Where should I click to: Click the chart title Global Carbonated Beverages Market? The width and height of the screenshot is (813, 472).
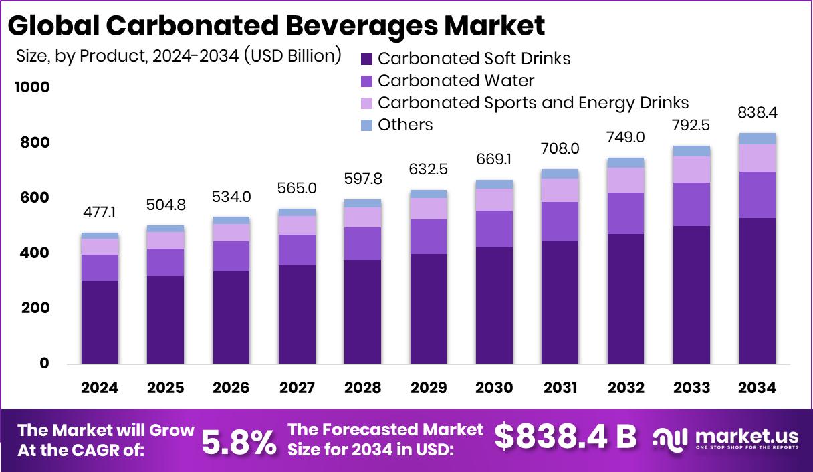click(x=276, y=25)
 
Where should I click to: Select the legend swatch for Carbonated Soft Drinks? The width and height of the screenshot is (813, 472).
click(x=366, y=59)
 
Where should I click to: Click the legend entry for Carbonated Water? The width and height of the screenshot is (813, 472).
click(x=456, y=81)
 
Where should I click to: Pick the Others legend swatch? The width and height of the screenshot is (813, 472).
click(x=366, y=125)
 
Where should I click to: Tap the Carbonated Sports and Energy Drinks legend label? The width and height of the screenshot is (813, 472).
click(x=533, y=103)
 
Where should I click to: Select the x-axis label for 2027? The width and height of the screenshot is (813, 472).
click(x=297, y=388)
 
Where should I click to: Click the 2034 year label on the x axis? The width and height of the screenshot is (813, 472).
click(x=758, y=388)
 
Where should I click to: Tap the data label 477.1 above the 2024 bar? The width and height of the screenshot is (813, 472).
click(x=100, y=213)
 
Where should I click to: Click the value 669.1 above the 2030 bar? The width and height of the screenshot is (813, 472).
click(x=494, y=160)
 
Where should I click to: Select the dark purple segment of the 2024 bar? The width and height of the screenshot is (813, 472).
click(x=100, y=322)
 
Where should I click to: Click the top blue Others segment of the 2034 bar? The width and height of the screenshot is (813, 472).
click(x=758, y=138)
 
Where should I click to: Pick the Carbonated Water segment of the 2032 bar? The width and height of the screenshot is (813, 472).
click(x=626, y=213)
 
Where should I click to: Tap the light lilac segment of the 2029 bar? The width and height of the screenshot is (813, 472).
click(x=429, y=208)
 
